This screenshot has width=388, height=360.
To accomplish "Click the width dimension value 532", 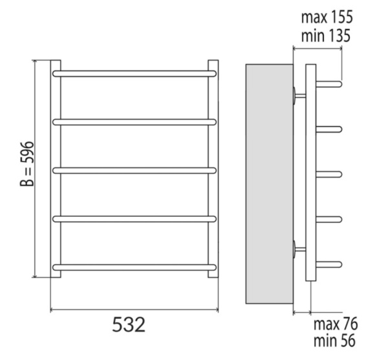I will point(133,326).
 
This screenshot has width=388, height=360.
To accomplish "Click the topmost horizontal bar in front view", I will point(134,74).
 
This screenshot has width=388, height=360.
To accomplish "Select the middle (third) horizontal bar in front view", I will point(134,171).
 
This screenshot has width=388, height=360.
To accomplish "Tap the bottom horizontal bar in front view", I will point(134,266).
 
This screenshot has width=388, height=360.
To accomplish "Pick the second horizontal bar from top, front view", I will point(134,122).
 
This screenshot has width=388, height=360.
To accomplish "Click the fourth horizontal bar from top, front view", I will point(134,219).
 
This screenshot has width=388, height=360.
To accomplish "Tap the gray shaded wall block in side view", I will point(269,184).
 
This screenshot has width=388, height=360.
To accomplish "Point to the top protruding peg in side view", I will point(330,83).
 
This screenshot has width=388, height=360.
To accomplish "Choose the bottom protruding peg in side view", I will point(330,263).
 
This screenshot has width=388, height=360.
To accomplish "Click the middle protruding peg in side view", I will point(330,173).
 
